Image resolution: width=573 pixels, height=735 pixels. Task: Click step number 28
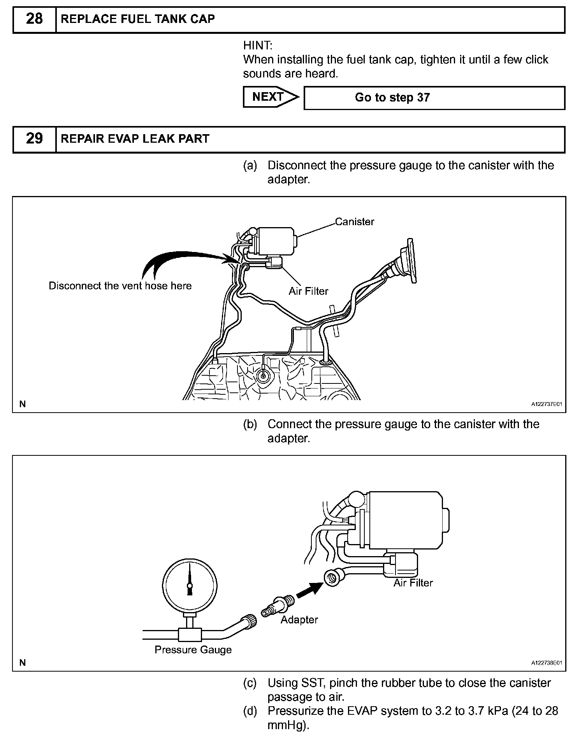34,19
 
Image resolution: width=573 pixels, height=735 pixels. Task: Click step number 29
34,139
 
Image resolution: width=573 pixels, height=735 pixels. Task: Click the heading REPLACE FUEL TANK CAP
138,19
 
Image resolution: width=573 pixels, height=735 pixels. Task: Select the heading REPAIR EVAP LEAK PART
135,139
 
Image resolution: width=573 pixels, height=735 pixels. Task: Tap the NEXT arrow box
270,97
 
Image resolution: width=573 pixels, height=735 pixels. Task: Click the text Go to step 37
392,98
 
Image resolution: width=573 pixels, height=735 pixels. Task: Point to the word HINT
258,45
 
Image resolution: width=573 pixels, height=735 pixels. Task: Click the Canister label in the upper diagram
354,222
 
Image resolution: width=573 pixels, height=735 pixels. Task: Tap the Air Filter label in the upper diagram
308,291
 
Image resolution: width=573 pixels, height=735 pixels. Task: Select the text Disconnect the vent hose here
120,286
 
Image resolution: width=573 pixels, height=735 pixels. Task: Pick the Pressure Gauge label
193,650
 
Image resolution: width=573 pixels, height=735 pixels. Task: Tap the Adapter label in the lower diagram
299,619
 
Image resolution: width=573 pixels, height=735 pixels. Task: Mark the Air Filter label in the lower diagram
413,583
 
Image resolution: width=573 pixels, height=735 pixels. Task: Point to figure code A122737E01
547,404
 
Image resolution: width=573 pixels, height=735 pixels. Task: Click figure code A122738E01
547,663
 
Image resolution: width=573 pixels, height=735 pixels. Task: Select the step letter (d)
250,711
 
